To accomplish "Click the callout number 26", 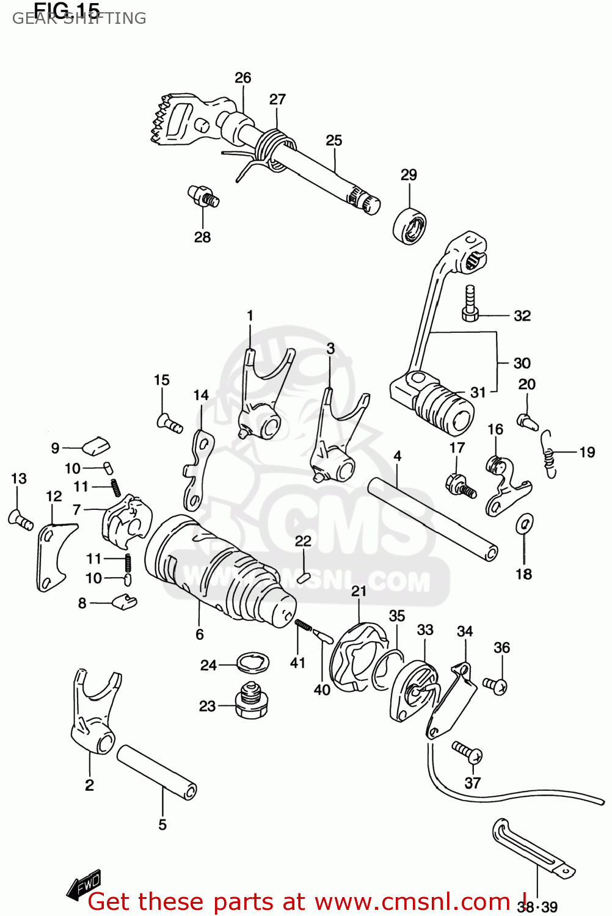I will [242, 78].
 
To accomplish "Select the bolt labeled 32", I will [470, 304].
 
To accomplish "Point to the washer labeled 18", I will [524, 523].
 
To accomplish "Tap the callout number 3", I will [330, 348].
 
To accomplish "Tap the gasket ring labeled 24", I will [252, 661].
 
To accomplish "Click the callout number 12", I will [54, 496].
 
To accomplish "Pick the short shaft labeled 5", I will [156, 772].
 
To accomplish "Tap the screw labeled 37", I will [467, 751].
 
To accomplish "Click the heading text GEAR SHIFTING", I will [79, 18].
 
